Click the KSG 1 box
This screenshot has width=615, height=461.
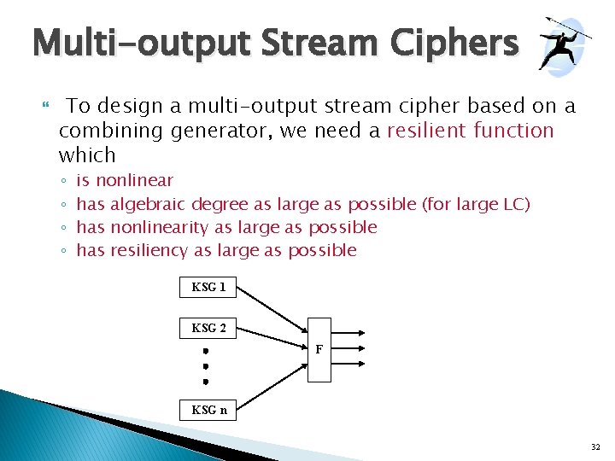point(208,287)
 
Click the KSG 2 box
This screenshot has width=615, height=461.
point(208,328)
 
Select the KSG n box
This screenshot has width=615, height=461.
point(208,410)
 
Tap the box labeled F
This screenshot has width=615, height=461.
point(319,350)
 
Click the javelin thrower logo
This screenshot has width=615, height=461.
point(563,43)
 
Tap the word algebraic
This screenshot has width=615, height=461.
point(149,204)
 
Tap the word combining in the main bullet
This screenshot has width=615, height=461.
point(111,131)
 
